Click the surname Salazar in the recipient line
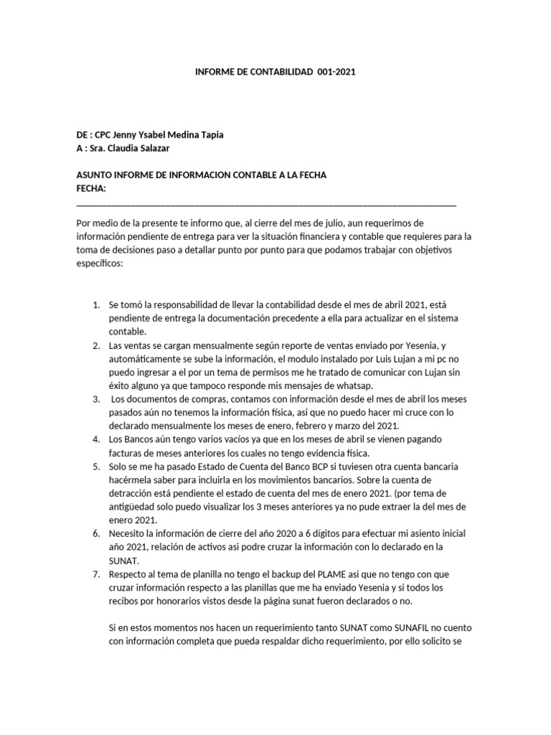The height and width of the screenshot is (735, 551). click(154, 149)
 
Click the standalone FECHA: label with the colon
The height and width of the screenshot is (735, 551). click(91, 189)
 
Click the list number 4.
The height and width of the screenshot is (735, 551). click(96, 438)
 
